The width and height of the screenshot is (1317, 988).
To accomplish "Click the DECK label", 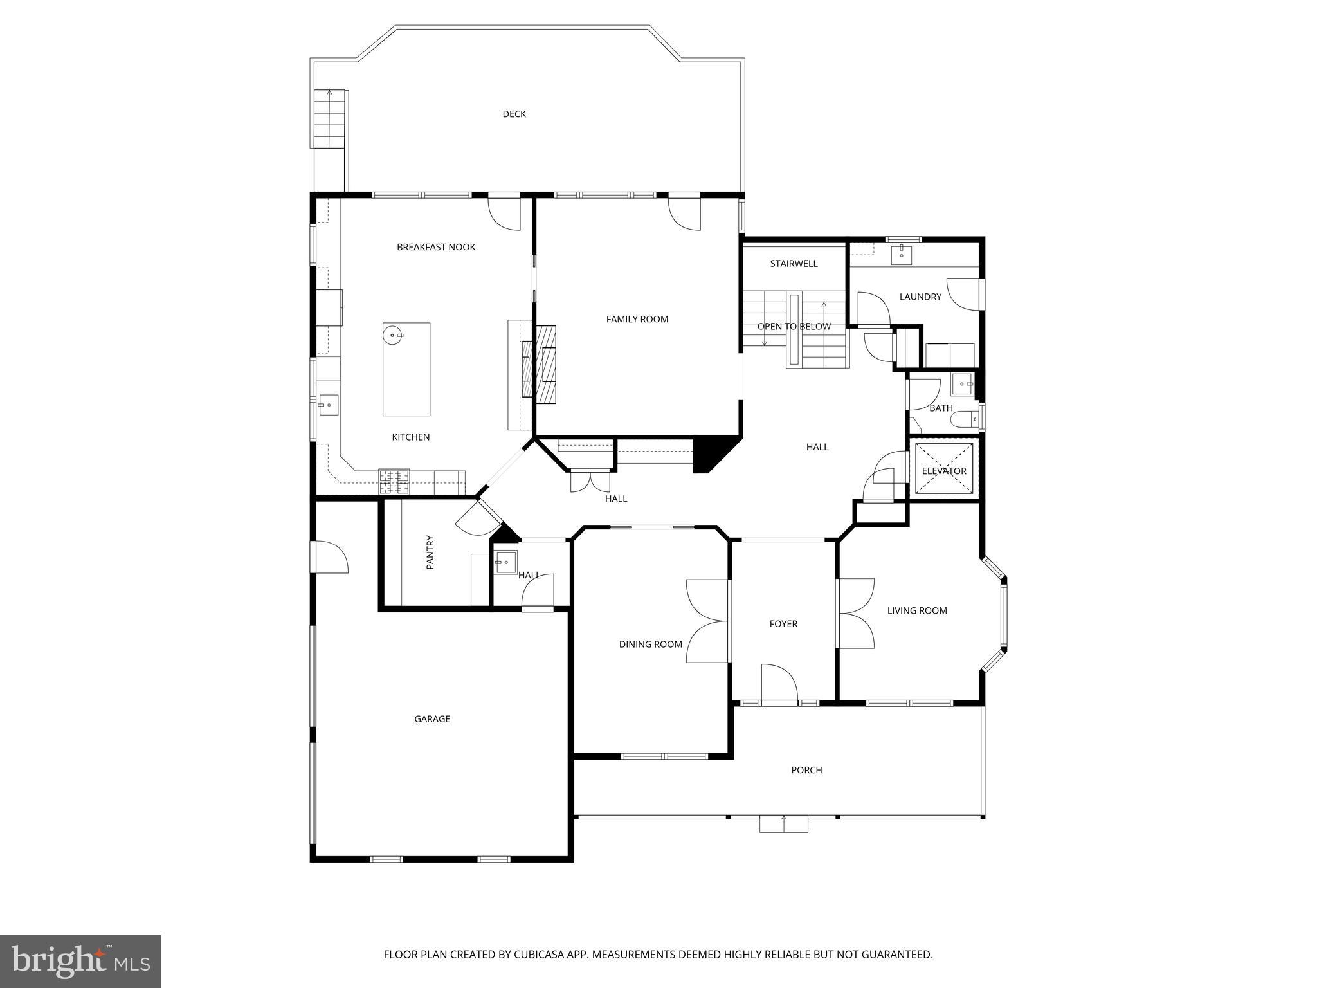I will [x=514, y=114].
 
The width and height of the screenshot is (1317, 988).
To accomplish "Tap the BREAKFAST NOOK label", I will [x=436, y=247].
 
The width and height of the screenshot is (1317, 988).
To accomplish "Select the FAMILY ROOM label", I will [x=637, y=319].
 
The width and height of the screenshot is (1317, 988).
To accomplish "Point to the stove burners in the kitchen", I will [x=394, y=481].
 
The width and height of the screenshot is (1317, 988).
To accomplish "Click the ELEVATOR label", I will [x=943, y=471].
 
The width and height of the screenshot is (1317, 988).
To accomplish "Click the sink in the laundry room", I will [x=902, y=255].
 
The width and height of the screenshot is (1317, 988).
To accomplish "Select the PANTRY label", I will [x=430, y=552].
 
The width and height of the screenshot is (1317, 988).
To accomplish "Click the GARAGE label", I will [x=432, y=719].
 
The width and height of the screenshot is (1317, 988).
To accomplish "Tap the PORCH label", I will [x=806, y=770].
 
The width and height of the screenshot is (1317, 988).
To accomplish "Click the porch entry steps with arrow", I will [x=783, y=823].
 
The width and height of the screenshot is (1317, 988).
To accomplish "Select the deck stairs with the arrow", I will [x=330, y=120].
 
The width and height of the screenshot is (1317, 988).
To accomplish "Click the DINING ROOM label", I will [x=650, y=645].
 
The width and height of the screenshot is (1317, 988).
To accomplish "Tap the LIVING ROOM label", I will [x=917, y=611].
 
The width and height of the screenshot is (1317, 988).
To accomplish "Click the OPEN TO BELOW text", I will [x=794, y=327].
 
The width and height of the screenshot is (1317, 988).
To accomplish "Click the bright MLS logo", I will [x=80, y=962].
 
